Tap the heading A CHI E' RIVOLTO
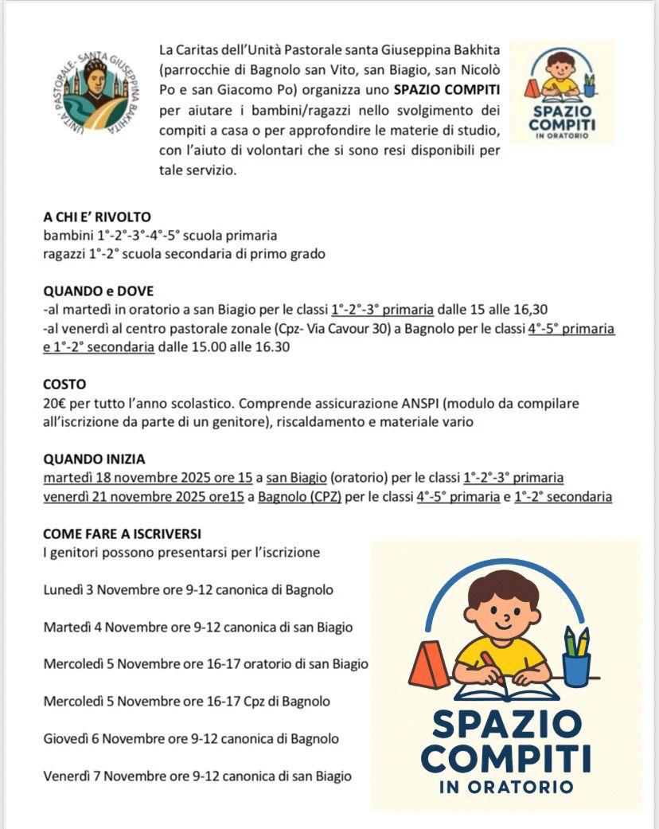(x=97, y=217)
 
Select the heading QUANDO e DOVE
(x=99, y=291)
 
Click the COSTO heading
(x=64, y=384)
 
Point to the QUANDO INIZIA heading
(x=94, y=459)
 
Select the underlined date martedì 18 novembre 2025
(x=134, y=478)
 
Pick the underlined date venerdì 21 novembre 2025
(x=132, y=497)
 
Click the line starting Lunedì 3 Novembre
(x=188, y=590)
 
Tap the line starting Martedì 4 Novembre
(x=197, y=627)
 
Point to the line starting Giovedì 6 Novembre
(x=191, y=738)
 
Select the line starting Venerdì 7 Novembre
(x=197, y=775)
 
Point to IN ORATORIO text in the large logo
(x=505, y=786)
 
